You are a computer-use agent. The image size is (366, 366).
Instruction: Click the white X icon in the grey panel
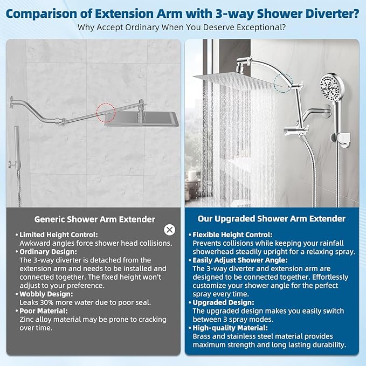pos(170,230)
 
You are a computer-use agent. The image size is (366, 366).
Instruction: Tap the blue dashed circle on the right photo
pos(283,84)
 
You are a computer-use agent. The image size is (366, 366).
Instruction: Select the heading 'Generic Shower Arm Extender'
pos(95,219)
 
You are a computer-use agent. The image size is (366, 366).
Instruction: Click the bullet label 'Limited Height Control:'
pos(59,235)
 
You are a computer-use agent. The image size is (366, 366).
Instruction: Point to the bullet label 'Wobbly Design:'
pos(47,294)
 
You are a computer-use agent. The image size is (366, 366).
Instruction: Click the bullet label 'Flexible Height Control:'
pos(233,235)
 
